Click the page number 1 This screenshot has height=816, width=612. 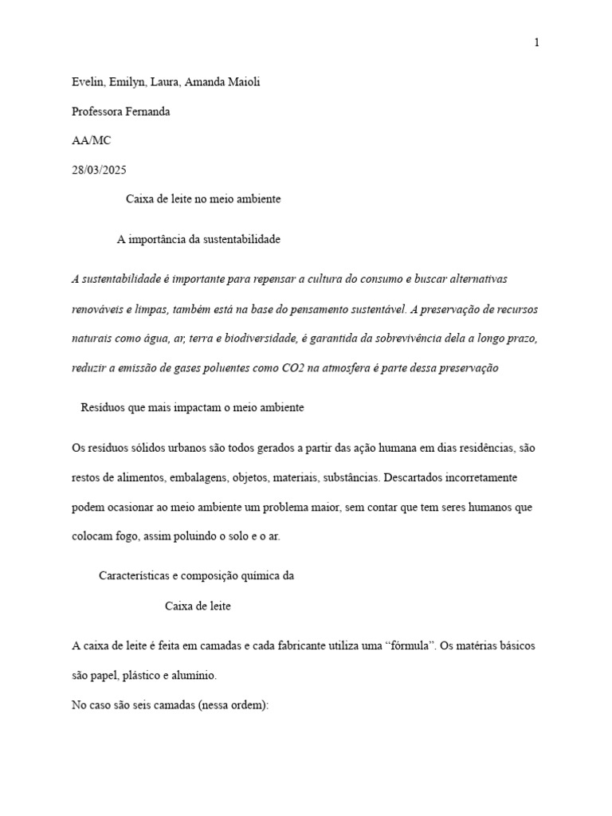click(537, 42)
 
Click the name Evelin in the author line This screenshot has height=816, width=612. click(87, 83)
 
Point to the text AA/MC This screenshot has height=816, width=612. click(92, 141)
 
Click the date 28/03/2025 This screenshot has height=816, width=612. click(99, 170)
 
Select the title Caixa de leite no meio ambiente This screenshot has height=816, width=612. click(203, 199)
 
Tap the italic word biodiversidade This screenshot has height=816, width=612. click(259, 339)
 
